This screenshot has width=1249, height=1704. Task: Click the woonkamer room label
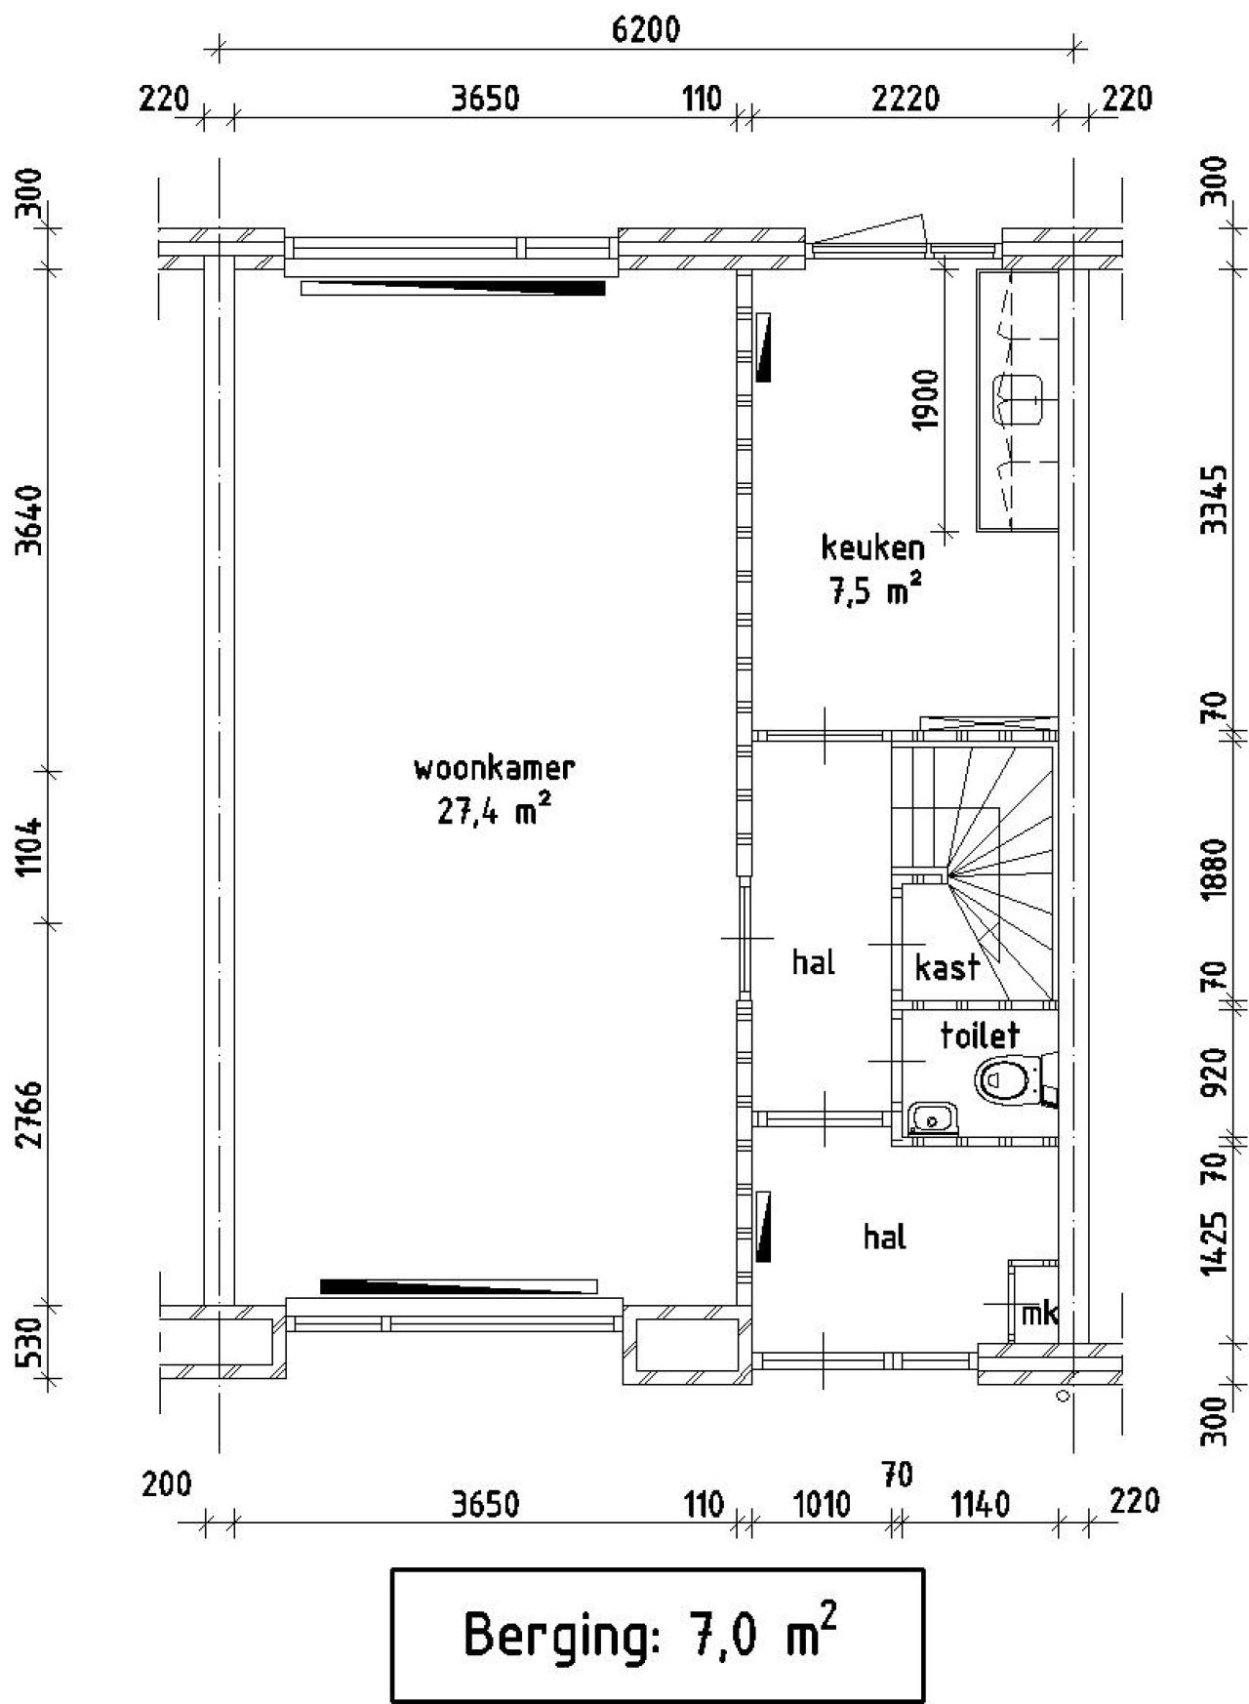(x=495, y=768)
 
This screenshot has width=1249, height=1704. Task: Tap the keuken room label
(x=872, y=547)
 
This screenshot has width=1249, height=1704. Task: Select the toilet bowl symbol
(x=1006, y=1081)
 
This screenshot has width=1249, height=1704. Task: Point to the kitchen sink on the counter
(x=1018, y=399)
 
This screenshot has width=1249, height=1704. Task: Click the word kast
(x=947, y=967)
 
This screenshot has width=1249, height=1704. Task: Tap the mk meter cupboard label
(x=1038, y=1314)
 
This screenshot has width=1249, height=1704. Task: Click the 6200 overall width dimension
(x=645, y=30)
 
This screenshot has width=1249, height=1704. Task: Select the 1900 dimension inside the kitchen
(x=926, y=399)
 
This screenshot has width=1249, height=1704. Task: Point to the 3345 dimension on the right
(x=1213, y=499)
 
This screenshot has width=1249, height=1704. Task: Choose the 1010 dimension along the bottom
(x=822, y=1504)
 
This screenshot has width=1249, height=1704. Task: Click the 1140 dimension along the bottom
(x=980, y=1504)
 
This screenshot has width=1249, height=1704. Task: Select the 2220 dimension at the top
(x=906, y=99)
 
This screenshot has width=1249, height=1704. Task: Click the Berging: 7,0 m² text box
(x=658, y=1635)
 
